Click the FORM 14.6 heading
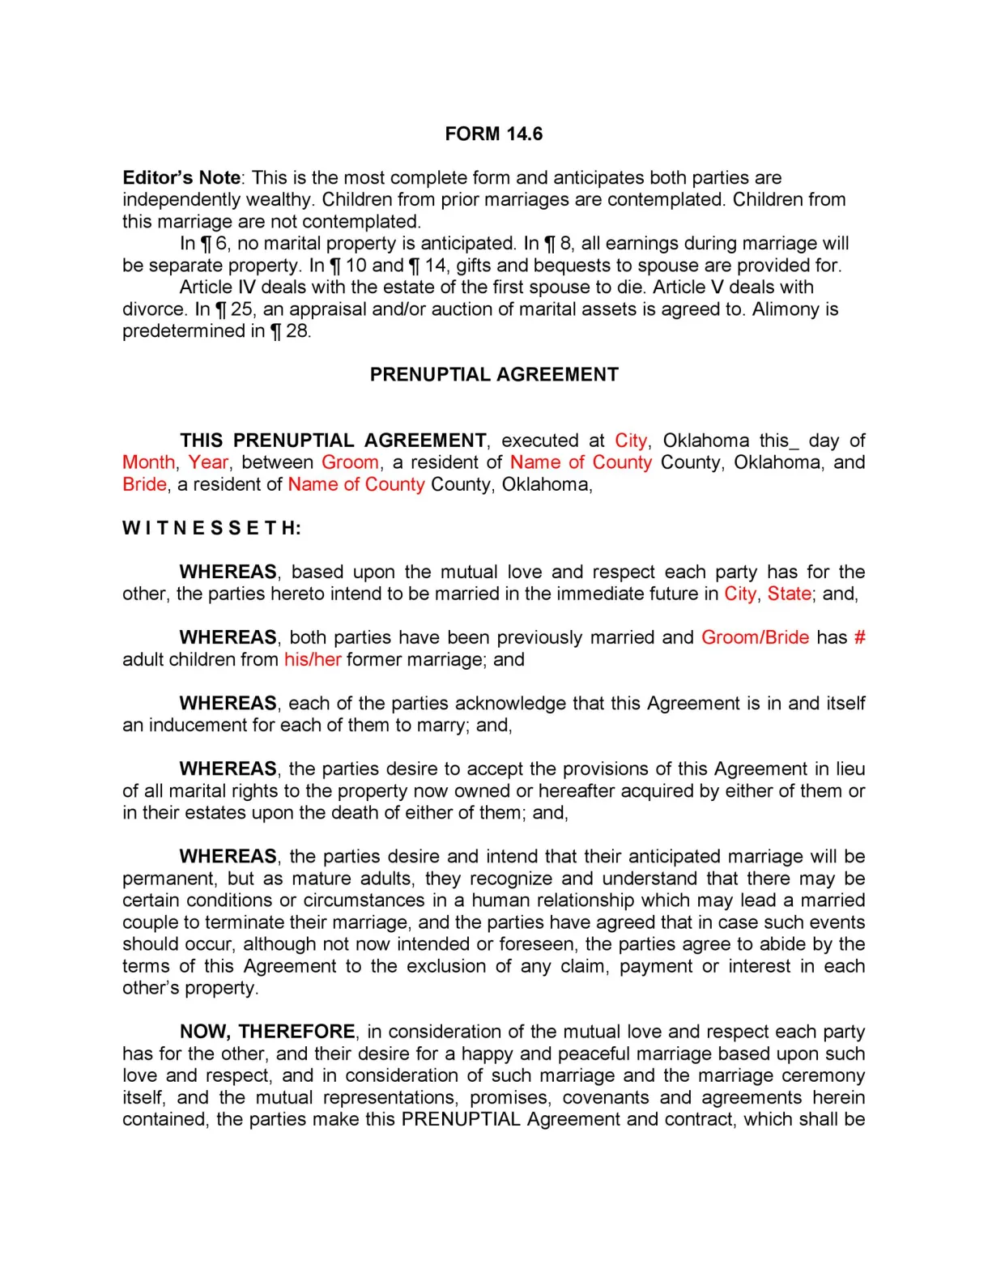(493, 134)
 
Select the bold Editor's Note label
(181, 177)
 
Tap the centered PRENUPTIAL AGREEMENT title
(494, 374)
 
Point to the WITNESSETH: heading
(211, 528)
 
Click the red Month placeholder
(148, 462)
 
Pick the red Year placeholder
(208, 462)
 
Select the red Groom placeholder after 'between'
(350, 462)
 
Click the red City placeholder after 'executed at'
(631, 441)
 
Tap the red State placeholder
(789, 594)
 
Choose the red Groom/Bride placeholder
(755, 637)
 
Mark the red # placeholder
(859, 637)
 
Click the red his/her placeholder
(313, 659)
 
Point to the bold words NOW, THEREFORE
(267, 1031)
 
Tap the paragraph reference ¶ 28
(289, 330)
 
